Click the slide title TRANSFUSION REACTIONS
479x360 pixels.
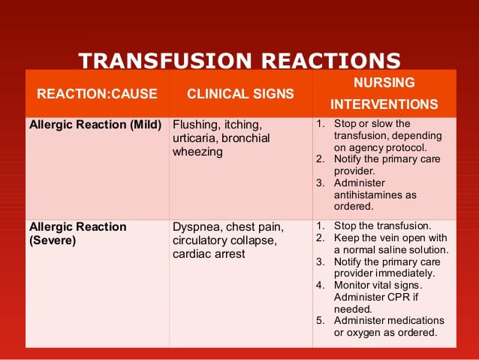point(239,60)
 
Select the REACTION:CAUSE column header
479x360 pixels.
point(97,94)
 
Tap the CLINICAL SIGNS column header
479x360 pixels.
point(240,94)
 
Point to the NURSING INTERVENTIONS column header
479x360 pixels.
point(384,93)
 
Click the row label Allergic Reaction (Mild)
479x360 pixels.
point(95,125)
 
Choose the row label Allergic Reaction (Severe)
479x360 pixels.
point(77,233)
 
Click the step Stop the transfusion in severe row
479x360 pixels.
point(382,225)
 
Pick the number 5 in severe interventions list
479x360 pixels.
point(320,321)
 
